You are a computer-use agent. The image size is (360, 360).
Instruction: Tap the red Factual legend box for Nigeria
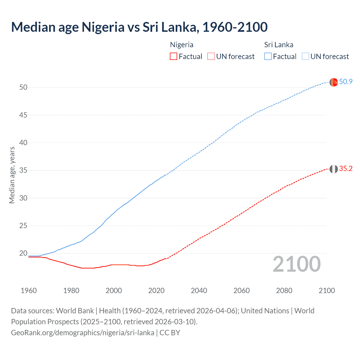pyautogui.click(x=174, y=56)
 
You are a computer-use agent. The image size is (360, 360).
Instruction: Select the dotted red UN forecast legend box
pyautogui.click(x=211, y=56)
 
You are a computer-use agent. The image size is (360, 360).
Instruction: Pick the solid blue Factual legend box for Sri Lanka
pyautogui.click(x=268, y=56)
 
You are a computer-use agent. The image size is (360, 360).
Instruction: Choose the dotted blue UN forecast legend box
pyautogui.click(x=305, y=56)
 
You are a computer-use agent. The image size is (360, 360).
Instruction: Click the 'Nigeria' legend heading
pyautogui.click(x=182, y=45)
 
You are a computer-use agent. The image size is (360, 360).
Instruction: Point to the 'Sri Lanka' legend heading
pyautogui.click(x=279, y=45)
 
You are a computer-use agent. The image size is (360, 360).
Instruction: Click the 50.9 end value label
pyautogui.click(x=346, y=82)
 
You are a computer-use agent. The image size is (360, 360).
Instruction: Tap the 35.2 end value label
pyautogui.click(x=346, y=169)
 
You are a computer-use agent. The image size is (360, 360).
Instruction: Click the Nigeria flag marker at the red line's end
pyautogui.click(x=334, y=169)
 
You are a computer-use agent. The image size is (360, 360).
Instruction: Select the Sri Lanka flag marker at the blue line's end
pyautogui.click(x=334, y=82)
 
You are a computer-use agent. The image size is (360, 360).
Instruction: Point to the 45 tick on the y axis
pyautogui.click(x=23, y=115)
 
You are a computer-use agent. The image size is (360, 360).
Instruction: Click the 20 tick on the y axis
pyautogui.click(x=23, y=253)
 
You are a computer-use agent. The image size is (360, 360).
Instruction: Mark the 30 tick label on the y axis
pyautogui.click(x=23, y=198)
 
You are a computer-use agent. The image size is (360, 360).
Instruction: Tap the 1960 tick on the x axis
pyautogui.click(x=29, y=291)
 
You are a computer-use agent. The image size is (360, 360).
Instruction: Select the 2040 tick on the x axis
pyautogui.click(x=199, y=291)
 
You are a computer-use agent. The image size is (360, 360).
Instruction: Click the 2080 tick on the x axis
pyautogui.click(x=284, y=291)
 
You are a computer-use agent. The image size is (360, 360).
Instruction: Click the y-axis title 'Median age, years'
pyautogui.click(x=12, y=175)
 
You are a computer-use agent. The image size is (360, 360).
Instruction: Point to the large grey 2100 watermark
pyautogui.click(x=297, y=264)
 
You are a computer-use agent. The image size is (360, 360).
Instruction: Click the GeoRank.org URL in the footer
pyautogui.click(x=82, y=332)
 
